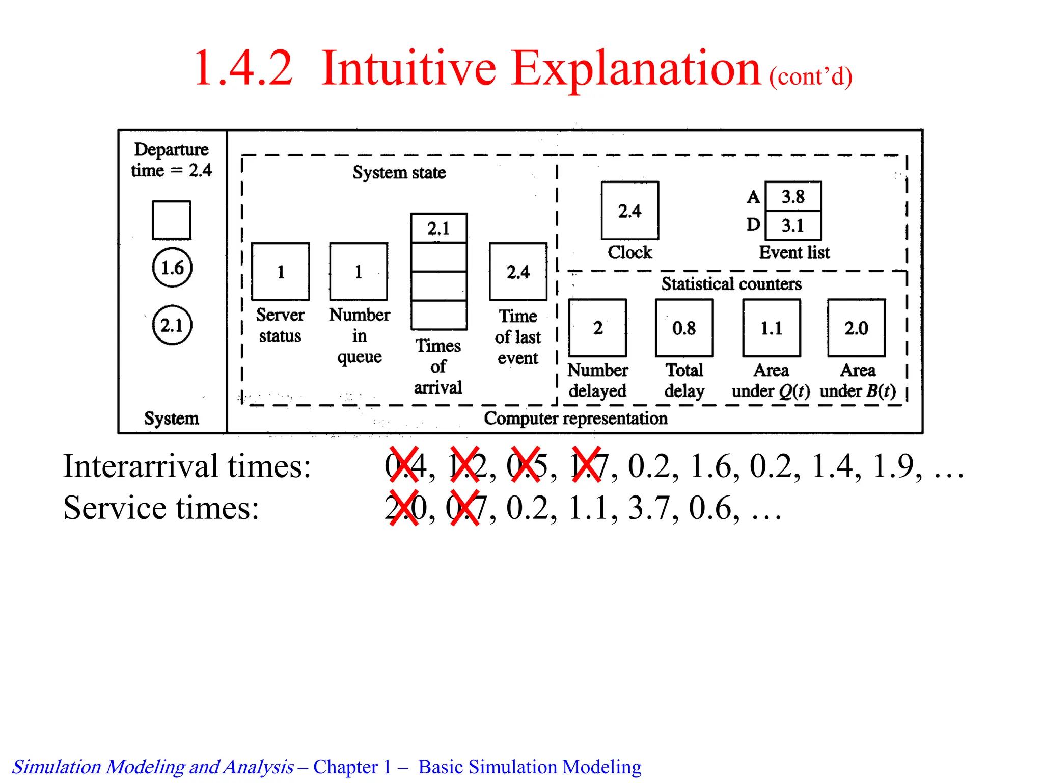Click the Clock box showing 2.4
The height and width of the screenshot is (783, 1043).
(629, 211)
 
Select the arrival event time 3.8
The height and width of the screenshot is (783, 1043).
(793, 196)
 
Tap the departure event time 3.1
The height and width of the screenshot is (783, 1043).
(793, 225)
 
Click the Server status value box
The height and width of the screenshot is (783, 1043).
(281, 272)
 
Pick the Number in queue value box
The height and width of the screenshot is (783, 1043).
(359, 272)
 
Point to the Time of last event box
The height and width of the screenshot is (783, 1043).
(518, 272)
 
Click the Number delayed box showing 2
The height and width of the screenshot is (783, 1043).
(597, 328)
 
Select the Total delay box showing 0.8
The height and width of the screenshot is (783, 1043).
(684, 328)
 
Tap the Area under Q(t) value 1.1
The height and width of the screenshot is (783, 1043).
(771, 328)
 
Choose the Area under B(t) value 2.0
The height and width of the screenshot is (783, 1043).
(856, 328)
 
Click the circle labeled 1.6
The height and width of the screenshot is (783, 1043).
(172, 268)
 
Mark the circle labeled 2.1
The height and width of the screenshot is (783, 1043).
(172, 325)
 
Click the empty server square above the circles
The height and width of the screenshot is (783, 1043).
(172, 220)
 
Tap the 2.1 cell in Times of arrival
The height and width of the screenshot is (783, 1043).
(438, 228)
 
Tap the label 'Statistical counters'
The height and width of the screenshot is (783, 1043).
(731, 284)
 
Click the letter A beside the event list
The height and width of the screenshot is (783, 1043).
(753, 197)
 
